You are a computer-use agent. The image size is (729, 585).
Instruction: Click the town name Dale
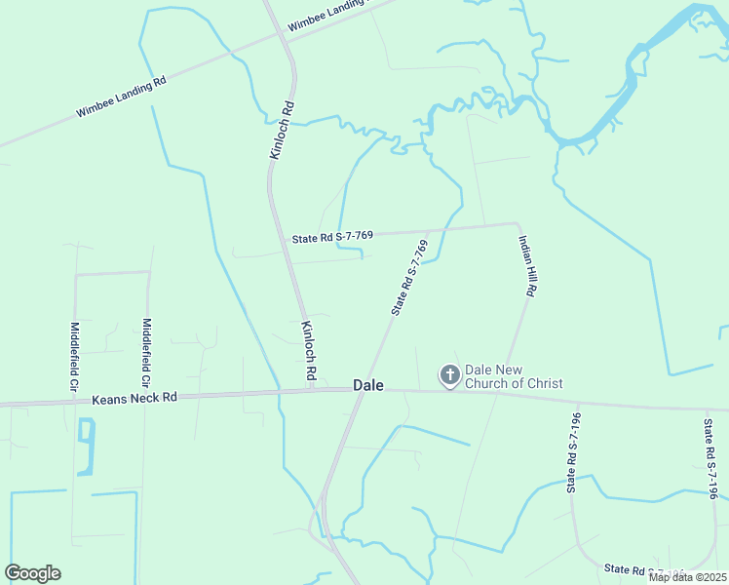[x=367, y=385]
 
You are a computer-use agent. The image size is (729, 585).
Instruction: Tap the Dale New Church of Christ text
[x=514, y=376]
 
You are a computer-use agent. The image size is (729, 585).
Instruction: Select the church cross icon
[x=449, y=375]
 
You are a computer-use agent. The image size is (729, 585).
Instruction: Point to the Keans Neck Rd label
[x=135, y=398]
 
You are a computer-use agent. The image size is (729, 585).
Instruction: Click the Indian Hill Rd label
[x=528, y=265]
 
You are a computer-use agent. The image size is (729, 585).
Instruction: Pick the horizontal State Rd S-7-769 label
[x=332, y=237]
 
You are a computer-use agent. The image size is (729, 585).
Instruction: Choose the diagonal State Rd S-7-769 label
[x=409, y=277]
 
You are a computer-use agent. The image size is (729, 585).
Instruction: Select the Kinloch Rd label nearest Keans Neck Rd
[x=309, y=351]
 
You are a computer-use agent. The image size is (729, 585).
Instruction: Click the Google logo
[x=32, y=573]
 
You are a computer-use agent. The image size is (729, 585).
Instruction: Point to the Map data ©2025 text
[x=687, y=577]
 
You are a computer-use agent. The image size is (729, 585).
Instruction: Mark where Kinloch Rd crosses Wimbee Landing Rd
[x=282, y=38]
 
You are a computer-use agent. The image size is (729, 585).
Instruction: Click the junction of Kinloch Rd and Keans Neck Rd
[x=312, y=390]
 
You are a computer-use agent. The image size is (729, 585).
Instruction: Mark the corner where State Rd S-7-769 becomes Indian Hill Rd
[x=517, y=224]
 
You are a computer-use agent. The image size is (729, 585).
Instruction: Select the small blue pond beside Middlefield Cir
[x=87, y=447]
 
